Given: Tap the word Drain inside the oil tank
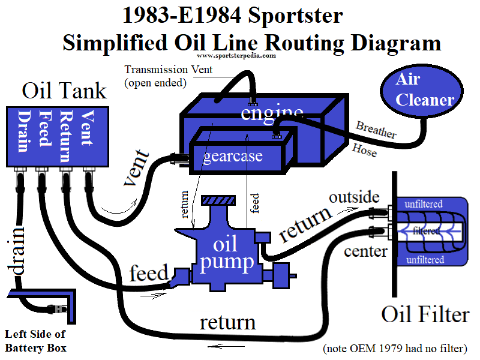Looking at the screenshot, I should [x=25, y=128].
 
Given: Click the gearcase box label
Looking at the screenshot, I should [x=233, y=157].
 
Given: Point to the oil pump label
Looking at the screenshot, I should [x=226, y=253].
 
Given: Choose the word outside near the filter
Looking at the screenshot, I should [x=354, y=197].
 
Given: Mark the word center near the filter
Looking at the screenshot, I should [x=365, y=251].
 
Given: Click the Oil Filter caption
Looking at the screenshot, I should [x=425, y=314].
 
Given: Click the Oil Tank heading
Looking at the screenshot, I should [x=64, y=91].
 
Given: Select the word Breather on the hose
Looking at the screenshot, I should [x=376, y=130].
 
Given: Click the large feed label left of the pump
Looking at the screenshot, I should [x=149, y=273].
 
